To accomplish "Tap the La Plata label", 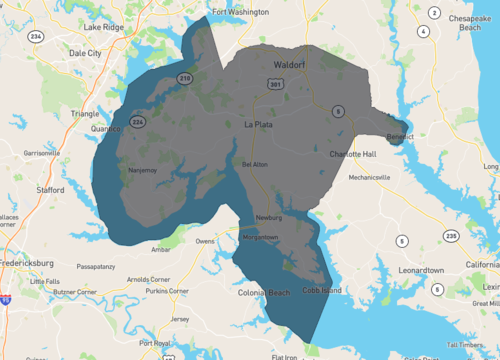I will tap(258, 125).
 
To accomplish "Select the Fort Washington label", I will tap(240, 12).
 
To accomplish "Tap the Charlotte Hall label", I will tap(354, 154).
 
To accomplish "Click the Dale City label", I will tap(85, 52).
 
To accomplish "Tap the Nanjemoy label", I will tap(144, 170).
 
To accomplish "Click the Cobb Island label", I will tap(323, 290).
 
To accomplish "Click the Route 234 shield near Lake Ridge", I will tap(36, 36).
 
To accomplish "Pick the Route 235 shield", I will tap(452, 236).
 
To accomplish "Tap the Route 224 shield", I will tap(138, 122).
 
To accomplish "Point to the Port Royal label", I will tap(154, 343).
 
